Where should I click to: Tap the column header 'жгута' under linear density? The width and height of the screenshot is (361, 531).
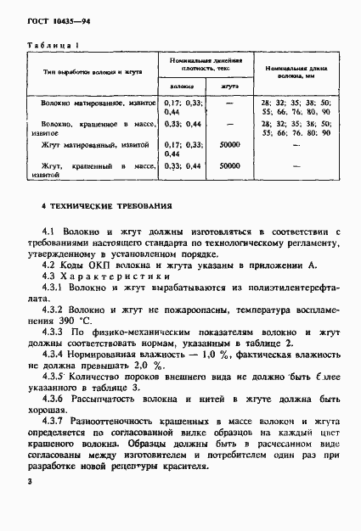(228, 87)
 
